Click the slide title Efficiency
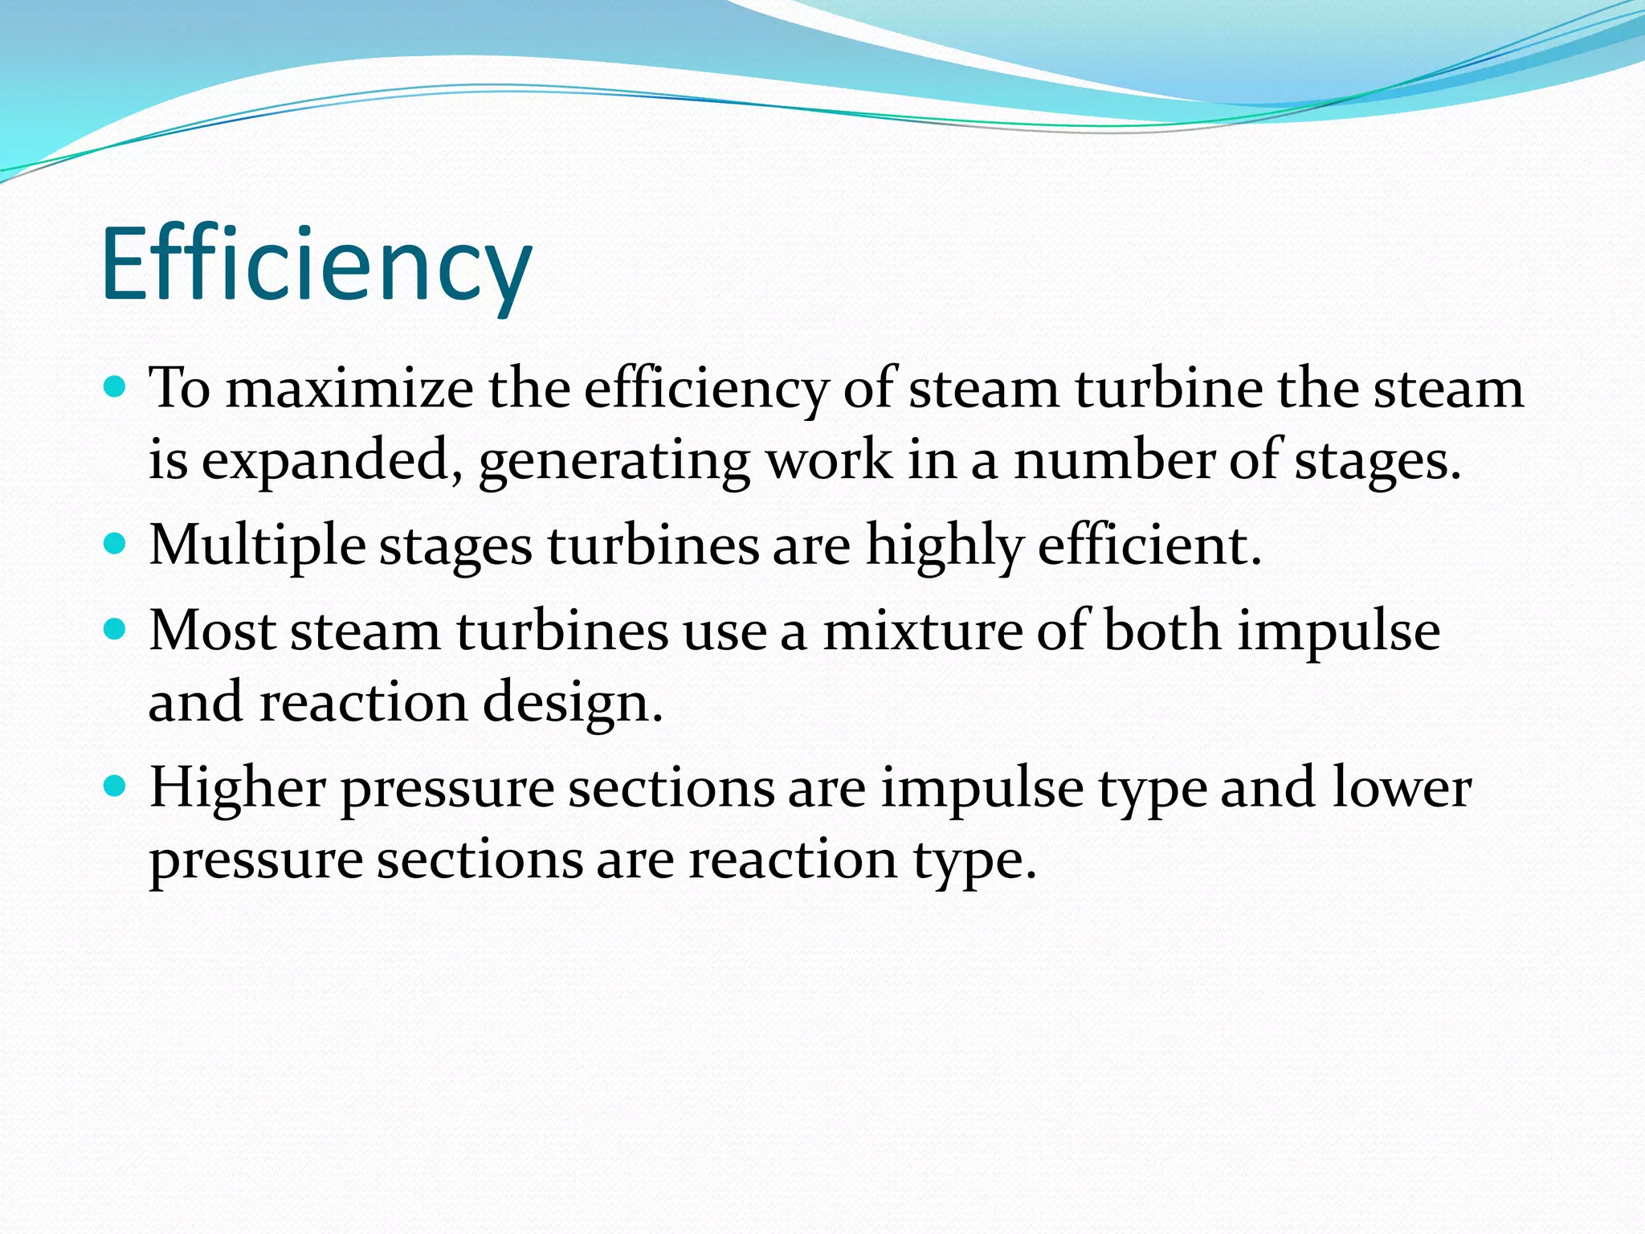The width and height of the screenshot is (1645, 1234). [x=316, y=265]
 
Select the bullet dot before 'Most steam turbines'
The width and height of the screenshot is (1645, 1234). [x=116, y=629]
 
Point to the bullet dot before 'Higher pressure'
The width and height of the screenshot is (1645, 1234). [x=116, y=786]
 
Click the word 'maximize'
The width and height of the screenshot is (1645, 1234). [x=349, y=389]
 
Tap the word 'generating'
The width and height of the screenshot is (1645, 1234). [x=614, y=463]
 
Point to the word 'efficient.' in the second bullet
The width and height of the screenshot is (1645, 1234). [x=1149, y=545]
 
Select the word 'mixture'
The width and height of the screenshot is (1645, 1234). [x=923, y=631]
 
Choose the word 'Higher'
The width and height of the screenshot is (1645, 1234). [x=238, y=787]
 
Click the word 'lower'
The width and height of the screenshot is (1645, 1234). [x=1402, y=787]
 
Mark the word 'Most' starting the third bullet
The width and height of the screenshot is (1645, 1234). [x=213, y=631]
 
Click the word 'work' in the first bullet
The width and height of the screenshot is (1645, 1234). [x=828, y=461]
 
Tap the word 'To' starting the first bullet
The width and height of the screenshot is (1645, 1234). [x=179, y=389]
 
